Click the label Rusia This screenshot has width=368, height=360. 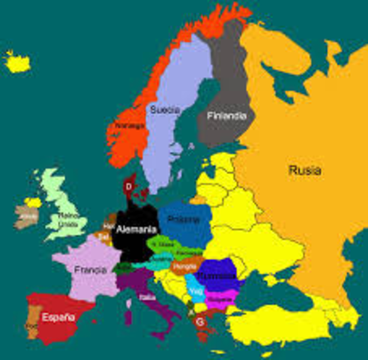click(304, 171)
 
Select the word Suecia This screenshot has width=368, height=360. click(164, 110)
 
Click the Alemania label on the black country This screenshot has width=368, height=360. click(137, 229)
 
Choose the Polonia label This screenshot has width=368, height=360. click(184, 220)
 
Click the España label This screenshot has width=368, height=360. click(58, 316)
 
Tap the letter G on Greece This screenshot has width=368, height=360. click(199, 320)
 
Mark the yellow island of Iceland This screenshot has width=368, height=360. click(16, 62)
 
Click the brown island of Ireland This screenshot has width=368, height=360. click(26, 216)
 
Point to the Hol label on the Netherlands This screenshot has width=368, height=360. click(109, 225)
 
